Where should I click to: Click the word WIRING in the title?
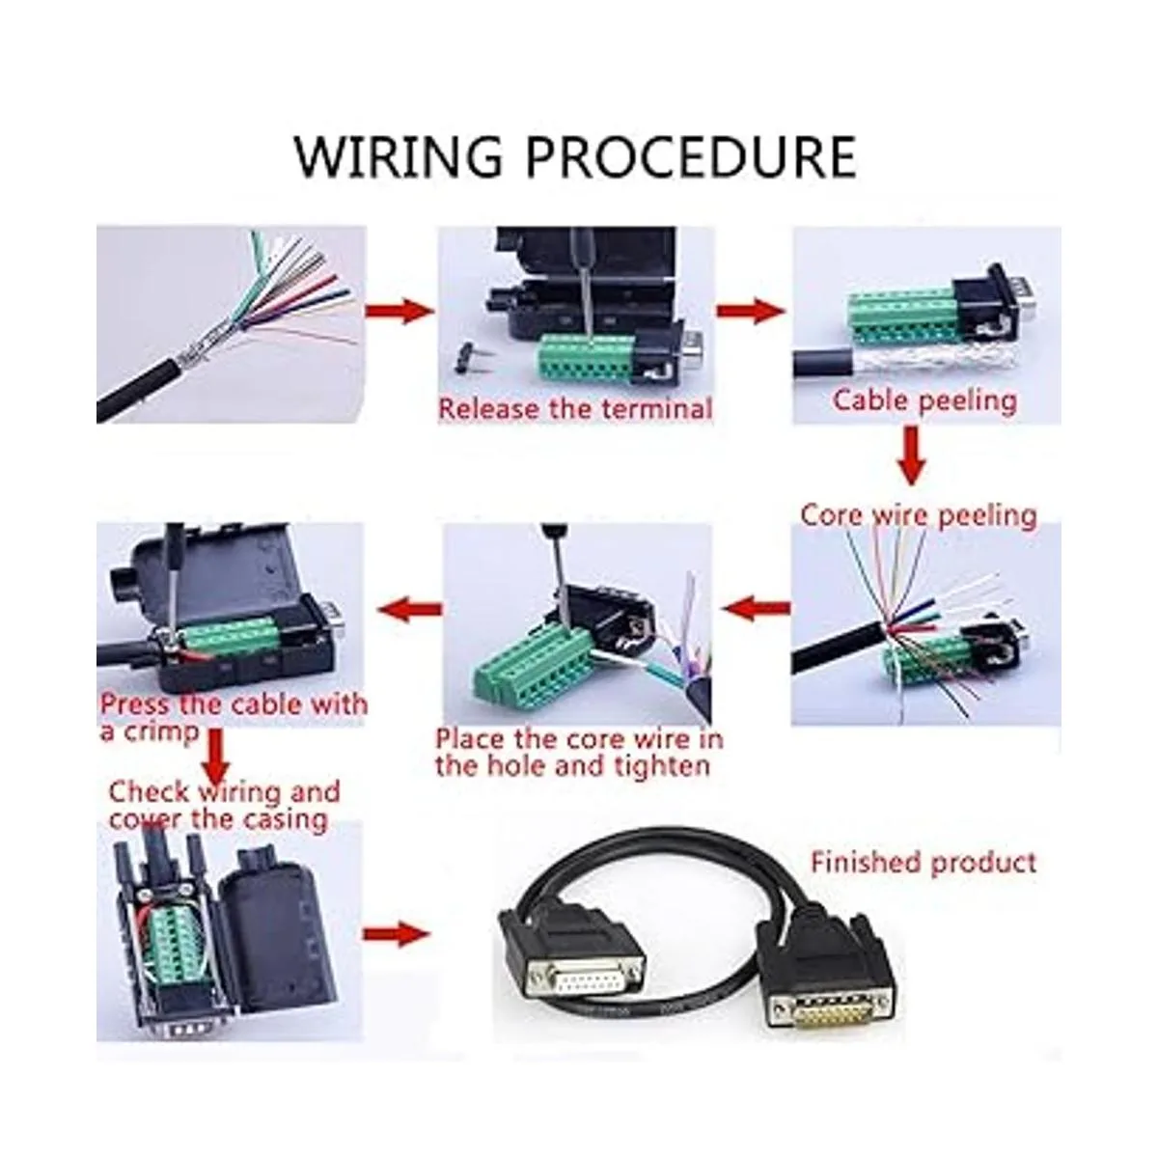[397, 156]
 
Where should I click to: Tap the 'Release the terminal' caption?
[575, 408]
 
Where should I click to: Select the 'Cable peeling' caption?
[924, 400]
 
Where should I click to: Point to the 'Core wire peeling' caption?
[918, 514]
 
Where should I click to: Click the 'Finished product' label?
[924, 862]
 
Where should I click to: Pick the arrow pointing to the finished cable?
[396, 933]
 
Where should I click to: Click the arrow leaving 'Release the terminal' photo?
[750, 311]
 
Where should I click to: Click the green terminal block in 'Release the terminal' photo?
[579, 357]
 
